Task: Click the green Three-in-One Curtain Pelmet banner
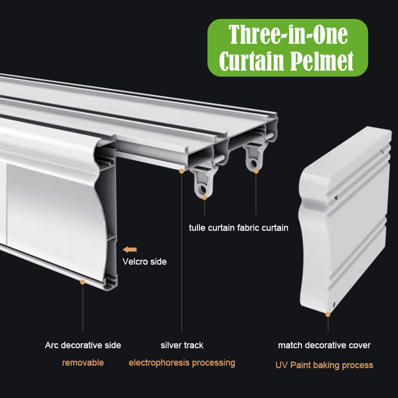pos(288,48)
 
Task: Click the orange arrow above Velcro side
pos(130,250)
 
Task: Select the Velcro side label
pos(144,261)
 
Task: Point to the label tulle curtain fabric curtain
pos(238,228)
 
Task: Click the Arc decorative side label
pos(83,345)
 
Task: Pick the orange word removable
pos(83,363)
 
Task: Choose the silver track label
pos(182,345)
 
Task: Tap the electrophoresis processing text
pos(182,363)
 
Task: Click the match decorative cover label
pos(324,345)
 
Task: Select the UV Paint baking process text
pos(324,365)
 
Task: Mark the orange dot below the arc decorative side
pos(82,282)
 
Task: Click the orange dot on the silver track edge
pos(181,171)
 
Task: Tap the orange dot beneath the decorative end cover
pos(328,314)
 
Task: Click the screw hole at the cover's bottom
pos(334,304)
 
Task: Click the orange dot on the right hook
pos(256,171)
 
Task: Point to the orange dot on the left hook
pos(204,197)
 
